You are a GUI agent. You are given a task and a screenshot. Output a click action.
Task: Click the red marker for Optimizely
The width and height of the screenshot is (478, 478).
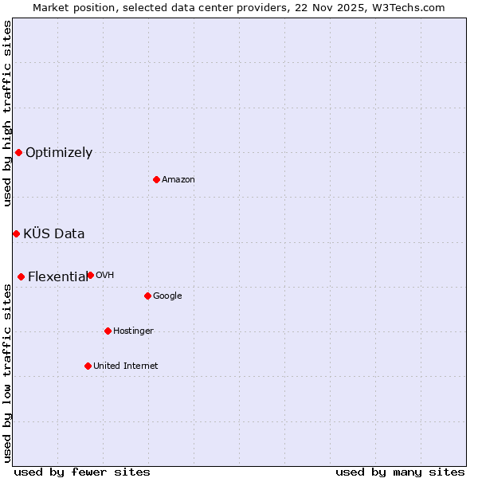18,152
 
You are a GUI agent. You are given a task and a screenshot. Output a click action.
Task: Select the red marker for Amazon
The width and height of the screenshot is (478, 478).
156,179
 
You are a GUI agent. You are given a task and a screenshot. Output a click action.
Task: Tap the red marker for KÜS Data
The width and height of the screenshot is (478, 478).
16,233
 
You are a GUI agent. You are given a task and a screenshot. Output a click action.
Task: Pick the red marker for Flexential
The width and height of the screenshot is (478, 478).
21,276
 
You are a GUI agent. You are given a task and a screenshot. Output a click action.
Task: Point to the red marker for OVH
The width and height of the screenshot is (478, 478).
90,275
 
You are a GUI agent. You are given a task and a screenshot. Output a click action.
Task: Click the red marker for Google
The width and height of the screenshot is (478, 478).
147,296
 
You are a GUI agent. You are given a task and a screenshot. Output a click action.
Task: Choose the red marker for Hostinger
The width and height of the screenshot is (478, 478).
108,331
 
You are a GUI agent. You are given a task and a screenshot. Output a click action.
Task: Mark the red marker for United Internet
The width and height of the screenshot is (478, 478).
88,366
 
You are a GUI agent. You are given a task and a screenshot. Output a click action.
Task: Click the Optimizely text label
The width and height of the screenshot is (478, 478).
59,153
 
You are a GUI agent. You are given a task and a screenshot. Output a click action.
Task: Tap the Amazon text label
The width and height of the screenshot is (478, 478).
178,180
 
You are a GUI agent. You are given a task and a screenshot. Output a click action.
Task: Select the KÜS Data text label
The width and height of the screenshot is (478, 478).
54,234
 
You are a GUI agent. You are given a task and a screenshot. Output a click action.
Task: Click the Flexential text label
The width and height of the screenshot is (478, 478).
57,277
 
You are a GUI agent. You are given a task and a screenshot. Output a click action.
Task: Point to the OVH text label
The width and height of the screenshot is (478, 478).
105,276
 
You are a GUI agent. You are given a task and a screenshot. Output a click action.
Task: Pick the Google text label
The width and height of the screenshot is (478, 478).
167,296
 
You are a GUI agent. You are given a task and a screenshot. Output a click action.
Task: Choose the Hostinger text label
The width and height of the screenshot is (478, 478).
133,331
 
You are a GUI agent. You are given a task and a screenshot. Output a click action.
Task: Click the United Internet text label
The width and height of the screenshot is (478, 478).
126,366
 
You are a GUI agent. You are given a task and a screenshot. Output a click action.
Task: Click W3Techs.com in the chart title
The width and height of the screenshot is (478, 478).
406,7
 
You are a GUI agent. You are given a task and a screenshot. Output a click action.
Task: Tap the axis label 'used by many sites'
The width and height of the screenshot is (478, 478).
400,472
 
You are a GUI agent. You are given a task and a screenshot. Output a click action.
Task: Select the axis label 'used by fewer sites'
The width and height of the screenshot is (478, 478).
82,472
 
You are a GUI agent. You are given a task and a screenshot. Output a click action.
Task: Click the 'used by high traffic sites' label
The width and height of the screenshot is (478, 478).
7,113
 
